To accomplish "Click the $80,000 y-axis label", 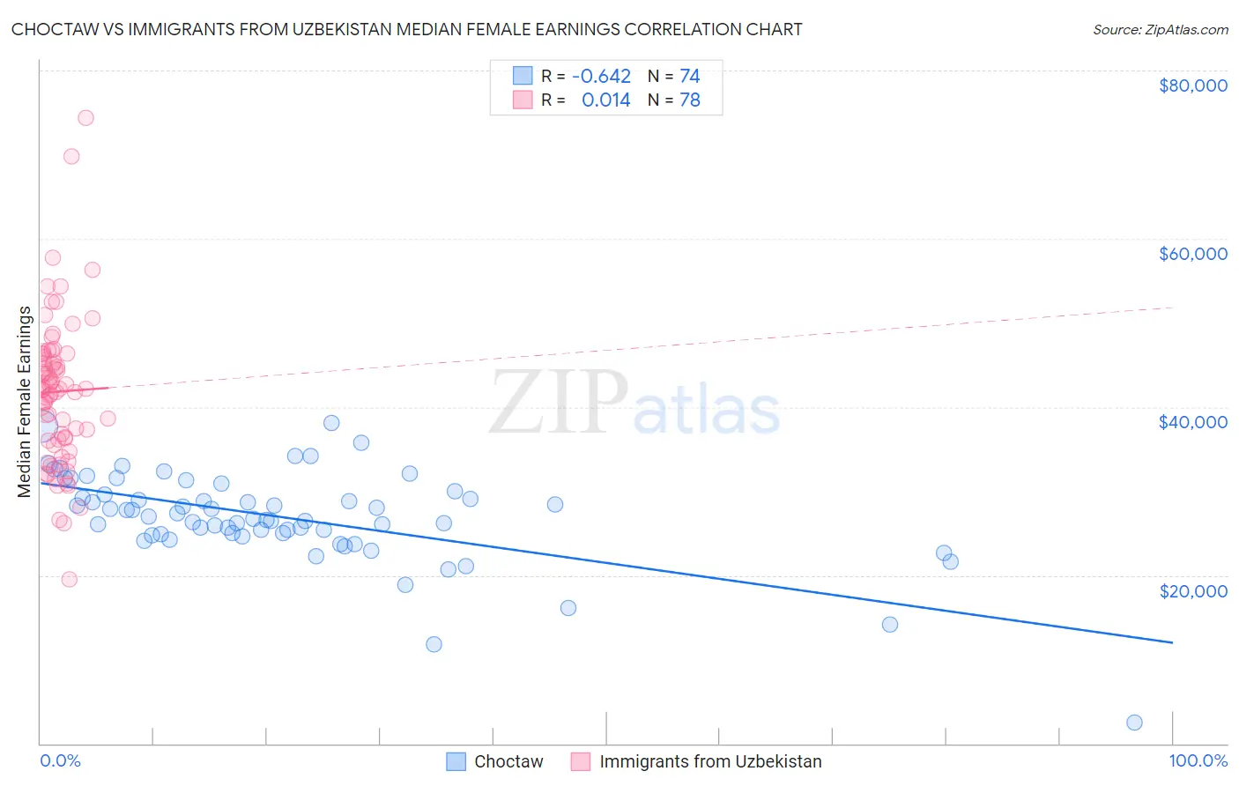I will (x=1192, y=85).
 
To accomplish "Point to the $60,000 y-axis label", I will (x=1192, y=254).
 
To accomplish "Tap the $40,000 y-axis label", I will (x=1192, y=422).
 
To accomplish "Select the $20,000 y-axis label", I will (x=1192, y=590).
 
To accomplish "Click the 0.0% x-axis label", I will (x=60, y=761).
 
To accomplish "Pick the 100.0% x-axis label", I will (x=1198, y=761).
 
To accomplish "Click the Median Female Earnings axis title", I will (x=25, y=402).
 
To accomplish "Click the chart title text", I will (x=406, y=29).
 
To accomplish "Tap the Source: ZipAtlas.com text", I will (x=1160, y=29).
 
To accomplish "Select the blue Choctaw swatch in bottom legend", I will (x=456, y=761).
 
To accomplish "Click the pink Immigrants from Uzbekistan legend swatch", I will (x=581, y=761).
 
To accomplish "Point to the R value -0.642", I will (x=601, y=76).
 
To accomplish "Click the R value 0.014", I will (x=605, y=100).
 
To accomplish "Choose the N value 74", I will (x=689, y=76).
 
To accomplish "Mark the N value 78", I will (x=689, y=100).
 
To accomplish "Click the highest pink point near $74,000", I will (x=85, y=118).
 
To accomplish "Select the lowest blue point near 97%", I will (x=1134, y=723).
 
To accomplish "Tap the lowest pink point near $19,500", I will (x=70, y=579).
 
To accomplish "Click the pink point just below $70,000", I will (x=71, y=156).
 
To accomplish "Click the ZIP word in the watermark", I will (x=558, y=403).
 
